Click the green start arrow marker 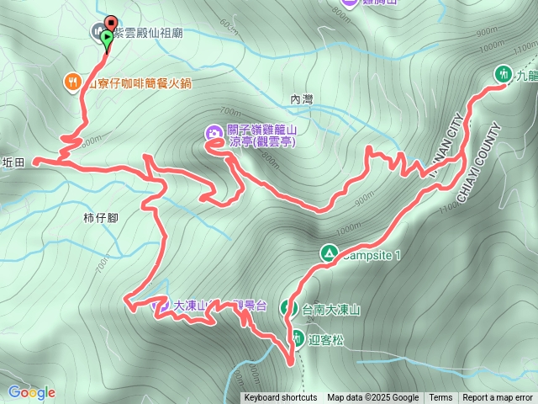[x=107, y=37]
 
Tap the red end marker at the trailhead [x=111, y=23]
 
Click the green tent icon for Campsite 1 [x=330, y=252]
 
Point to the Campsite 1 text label [x=372, y=253]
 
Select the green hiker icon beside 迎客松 [x=299, y=339]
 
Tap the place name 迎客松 [x=326, y=340]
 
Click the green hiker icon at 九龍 [x=504, y=73]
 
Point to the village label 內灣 [x=302, y=99]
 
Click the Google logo [x=31, y=392]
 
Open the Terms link [x=440, y=398]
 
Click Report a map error [x=499, y=398]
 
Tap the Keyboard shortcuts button [x=281, y=398]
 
